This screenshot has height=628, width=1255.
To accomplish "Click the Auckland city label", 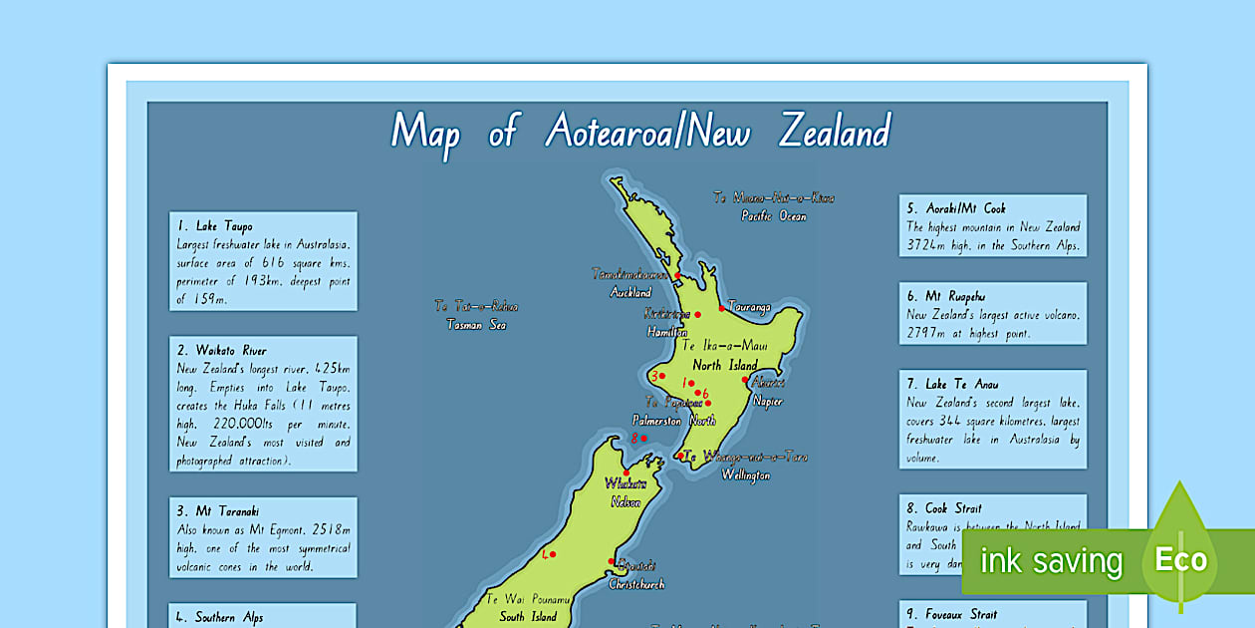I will pos(630,293).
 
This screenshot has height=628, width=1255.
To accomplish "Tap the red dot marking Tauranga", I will pos(722,308).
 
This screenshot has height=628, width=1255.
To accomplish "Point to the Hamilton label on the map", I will pos(666,332).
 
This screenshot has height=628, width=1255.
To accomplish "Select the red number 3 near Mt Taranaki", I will pos(653,377).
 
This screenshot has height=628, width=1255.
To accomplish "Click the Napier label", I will pos(767,402).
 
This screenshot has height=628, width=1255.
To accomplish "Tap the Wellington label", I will pos(745,475).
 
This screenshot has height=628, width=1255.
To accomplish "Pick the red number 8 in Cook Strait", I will pos(634,438).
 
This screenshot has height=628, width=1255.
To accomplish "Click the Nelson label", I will pos(625,502).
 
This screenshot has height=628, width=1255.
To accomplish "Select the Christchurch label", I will pos(635,584).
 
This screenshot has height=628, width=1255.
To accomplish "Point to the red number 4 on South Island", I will pos(545,554).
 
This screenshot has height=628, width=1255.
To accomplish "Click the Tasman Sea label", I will pos(475,325).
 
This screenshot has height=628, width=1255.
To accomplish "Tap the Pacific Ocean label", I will pos(773,216).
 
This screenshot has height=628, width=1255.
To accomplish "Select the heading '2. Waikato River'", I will pos(222,351).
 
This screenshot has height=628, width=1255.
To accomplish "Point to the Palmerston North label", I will pos(673,421).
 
